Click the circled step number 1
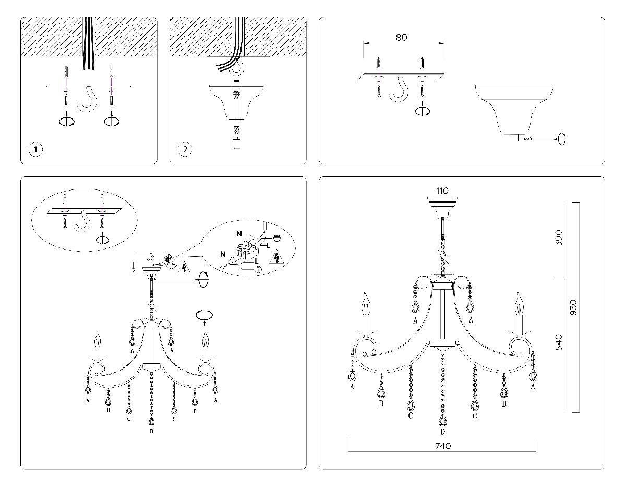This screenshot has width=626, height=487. [35, 150]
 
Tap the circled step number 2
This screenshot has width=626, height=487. [185, 150]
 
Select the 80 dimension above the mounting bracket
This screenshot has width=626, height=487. [401, 38]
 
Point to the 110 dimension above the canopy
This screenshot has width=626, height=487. [442, 191]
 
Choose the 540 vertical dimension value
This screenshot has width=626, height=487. [559, 342]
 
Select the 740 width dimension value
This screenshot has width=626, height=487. [442, 446]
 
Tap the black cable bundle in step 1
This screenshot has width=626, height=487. [88, 44]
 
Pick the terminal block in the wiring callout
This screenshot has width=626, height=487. [250, 250]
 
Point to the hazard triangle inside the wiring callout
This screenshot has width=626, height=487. [276, 257]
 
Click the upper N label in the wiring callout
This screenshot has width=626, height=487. [239, 234]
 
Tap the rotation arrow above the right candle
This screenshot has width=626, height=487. [204, 315]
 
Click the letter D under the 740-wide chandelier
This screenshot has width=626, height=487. [442, 432]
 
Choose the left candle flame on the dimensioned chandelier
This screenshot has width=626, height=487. [366, 301]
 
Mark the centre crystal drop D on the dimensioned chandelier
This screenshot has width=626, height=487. [442, 420]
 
